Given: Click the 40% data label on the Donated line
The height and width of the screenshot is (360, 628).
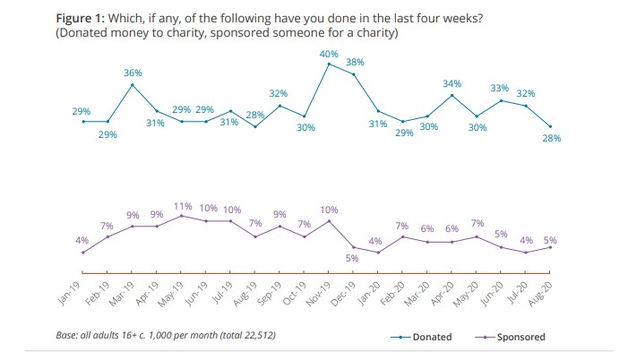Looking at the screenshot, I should click(x=329, y=54).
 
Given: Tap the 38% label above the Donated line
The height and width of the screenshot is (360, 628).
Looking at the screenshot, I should click(x=354, y=63).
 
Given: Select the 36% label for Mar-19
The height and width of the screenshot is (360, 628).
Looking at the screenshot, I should click(x=133, y=73).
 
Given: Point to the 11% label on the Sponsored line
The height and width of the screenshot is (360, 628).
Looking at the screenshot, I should click(x=182, y=206).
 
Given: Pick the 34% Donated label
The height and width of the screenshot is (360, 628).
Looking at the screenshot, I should click(x=452, y=83).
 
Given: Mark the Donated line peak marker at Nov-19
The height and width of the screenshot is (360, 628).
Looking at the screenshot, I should click(x=330, y=64).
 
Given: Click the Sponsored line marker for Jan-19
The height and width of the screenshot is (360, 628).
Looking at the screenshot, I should click(x=83, y=253).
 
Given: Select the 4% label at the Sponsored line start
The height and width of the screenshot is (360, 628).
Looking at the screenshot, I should click(x=82, y=240).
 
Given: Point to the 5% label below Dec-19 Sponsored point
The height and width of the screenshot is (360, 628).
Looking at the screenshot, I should click(x=353, y=258).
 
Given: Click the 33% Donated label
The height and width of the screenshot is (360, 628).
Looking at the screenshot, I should click(x=500, y=88).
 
